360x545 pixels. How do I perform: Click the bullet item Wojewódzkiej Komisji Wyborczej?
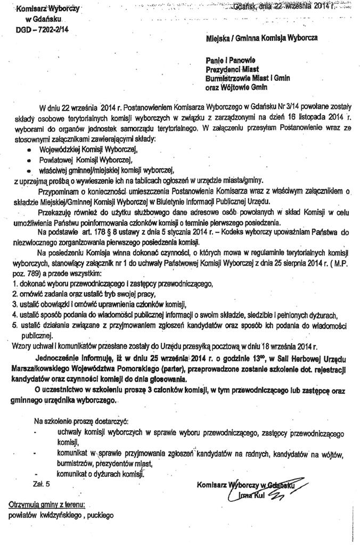coord(87,150)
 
